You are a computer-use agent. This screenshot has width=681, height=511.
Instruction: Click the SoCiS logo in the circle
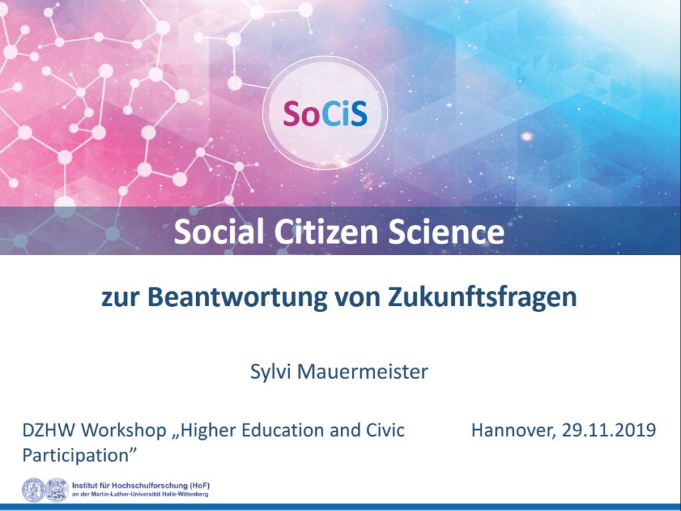[x=325, y=113]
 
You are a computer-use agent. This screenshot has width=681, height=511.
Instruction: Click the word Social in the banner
[x=219, y=231]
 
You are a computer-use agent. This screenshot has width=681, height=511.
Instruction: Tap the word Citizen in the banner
[x=326, y=231]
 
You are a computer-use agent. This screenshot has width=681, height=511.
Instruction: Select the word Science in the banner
[x=446, y=231]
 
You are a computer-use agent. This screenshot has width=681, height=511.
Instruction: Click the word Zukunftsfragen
[x=482, y=297]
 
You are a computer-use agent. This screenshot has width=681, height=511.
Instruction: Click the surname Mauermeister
[x=362, y=371]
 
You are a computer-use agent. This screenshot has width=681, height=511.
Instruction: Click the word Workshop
[x=124, y=431]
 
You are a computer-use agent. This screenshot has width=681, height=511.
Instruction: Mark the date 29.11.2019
[x=609, y=430]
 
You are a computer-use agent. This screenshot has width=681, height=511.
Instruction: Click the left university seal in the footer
[x=33, y=490]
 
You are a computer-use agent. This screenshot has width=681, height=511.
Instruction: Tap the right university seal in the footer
[x=57, y=490]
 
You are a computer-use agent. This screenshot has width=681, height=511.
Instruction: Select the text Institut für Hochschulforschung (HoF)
[x=141, y=485]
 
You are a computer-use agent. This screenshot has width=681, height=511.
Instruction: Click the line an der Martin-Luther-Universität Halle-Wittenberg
[x=140, y=494]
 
